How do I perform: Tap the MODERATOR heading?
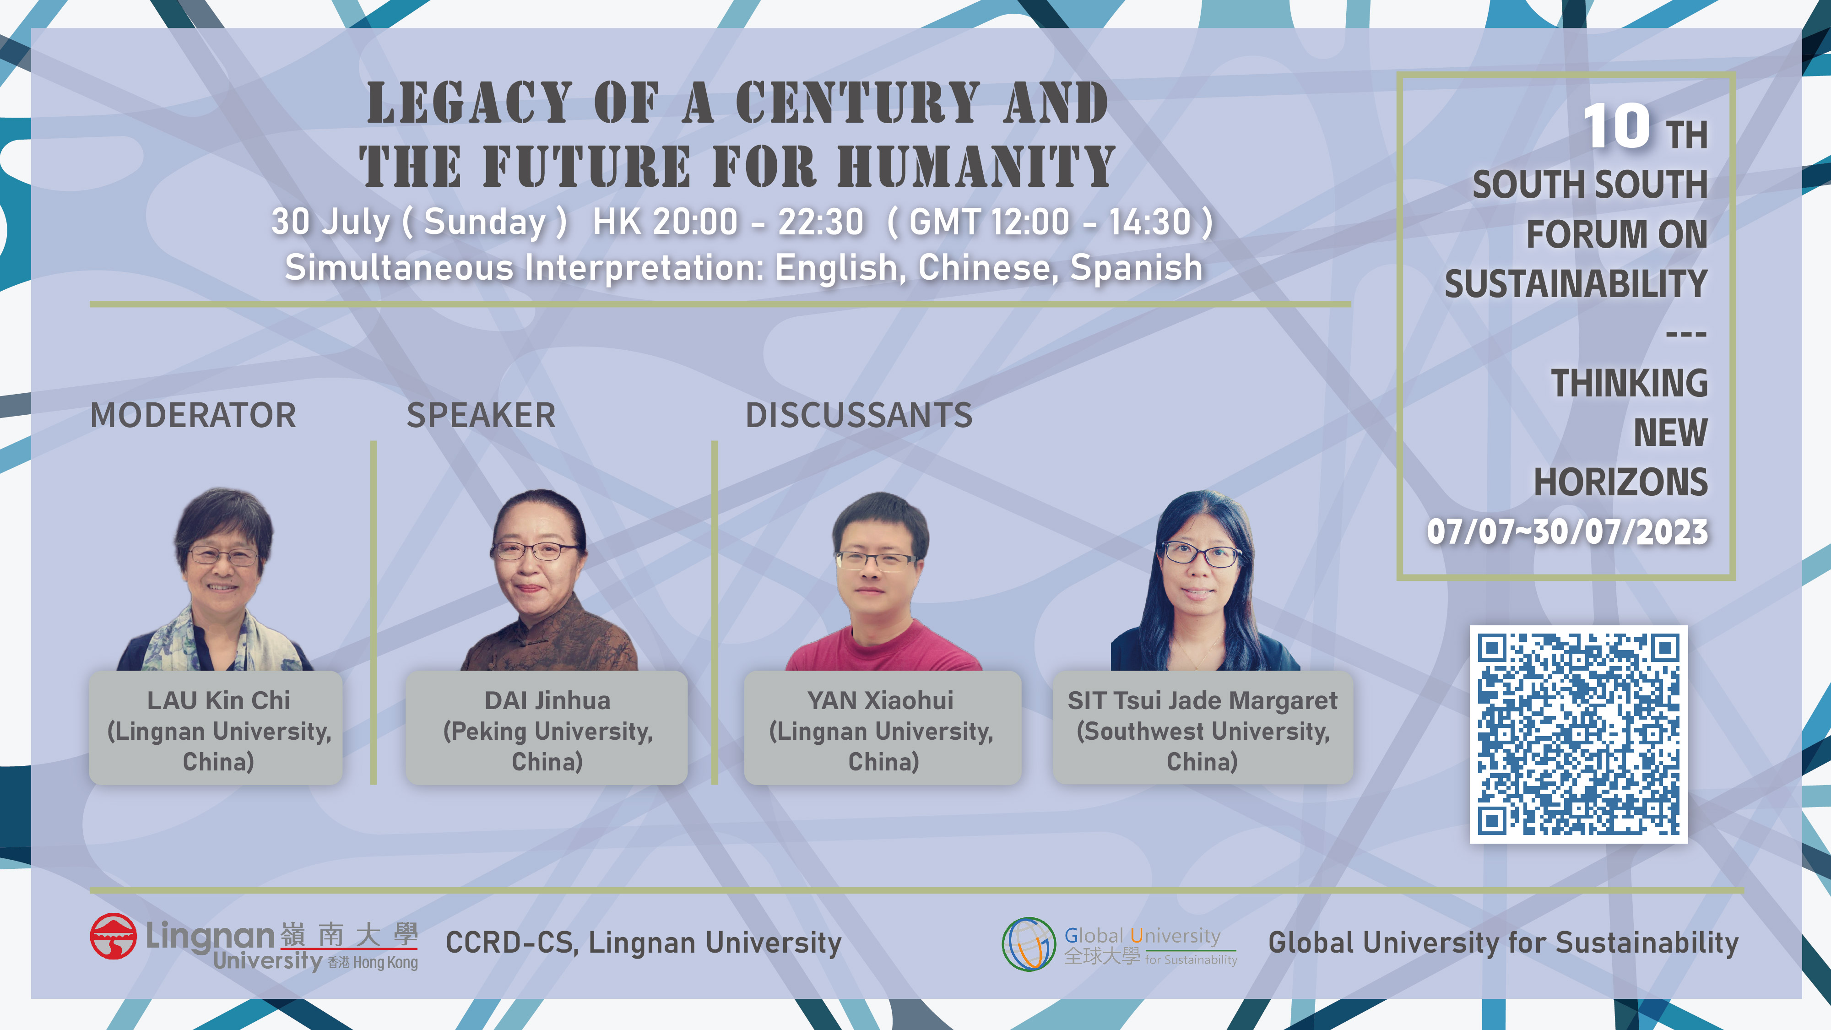click(193, 415)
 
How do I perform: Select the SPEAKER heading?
click(481, 415)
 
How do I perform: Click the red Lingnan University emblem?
click(113, 936)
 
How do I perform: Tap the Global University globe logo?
click(1029, 944)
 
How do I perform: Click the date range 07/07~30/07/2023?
click(1567, 531)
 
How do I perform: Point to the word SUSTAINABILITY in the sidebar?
click(1576, 284)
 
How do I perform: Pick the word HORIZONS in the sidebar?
click(1620, 482)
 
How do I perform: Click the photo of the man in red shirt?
click(882, 581)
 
